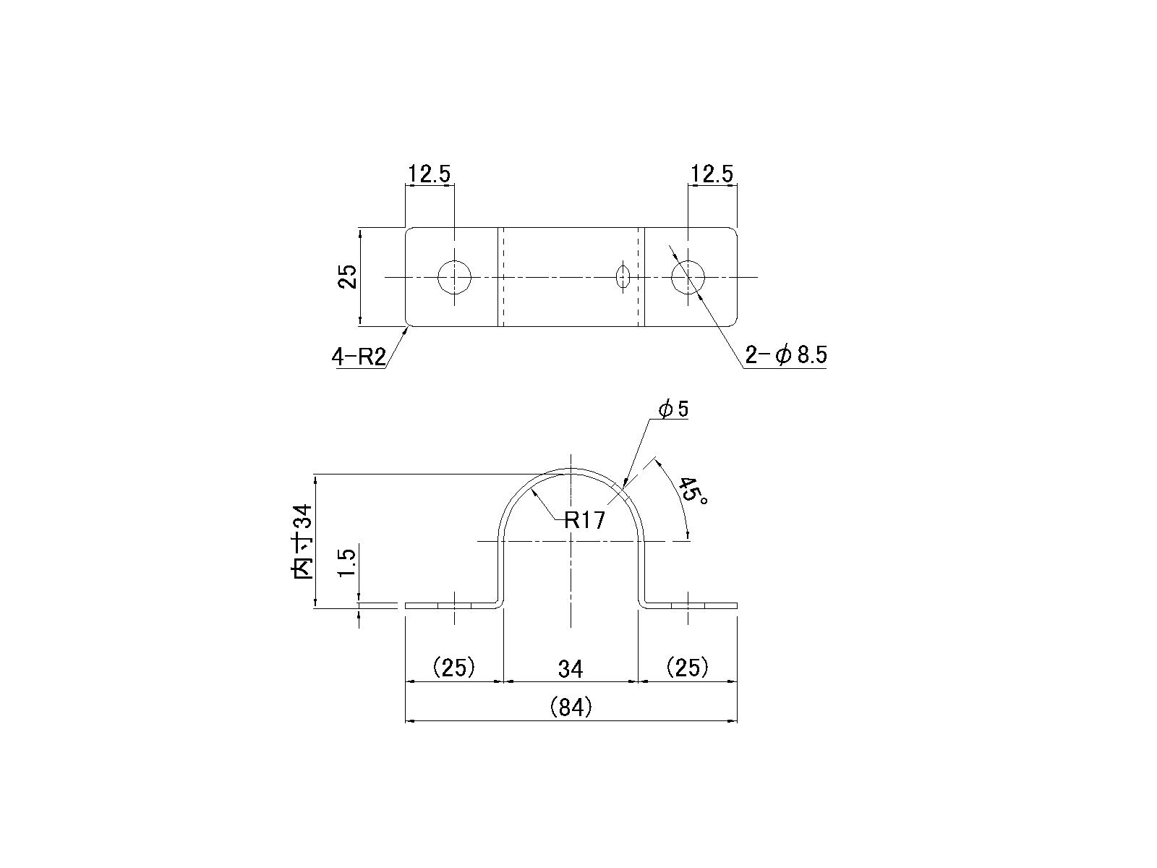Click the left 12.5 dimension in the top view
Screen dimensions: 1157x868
pos(430,174)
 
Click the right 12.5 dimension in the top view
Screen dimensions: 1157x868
pos(712,174)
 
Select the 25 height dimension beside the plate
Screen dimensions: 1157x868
pos(347,277)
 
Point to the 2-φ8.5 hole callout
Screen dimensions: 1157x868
pos(786,356)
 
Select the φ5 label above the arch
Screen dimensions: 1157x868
pos(674,409)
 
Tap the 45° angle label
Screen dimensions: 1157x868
pos(692,490)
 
